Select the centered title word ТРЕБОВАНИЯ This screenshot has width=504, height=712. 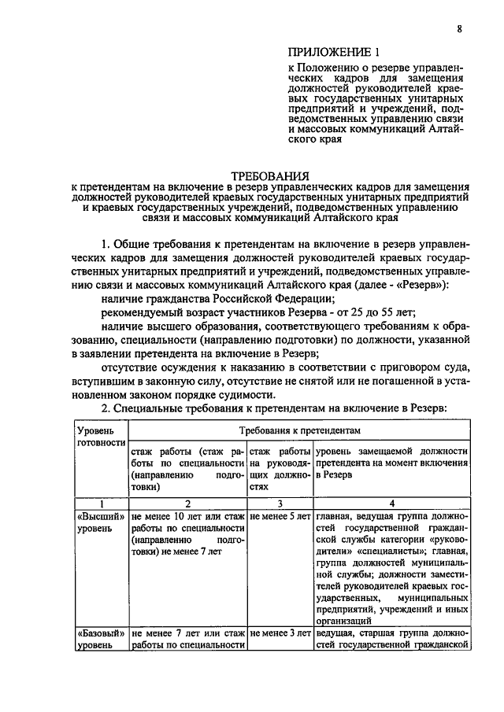(x=269, y=174)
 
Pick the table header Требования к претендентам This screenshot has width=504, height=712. (x=300, y=431)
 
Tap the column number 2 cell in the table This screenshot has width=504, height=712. (x=187, y=504)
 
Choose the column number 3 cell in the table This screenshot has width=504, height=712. (x=280, y=504)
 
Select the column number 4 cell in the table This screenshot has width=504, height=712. (x=391, y=504)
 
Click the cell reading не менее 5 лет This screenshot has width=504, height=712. (x=280, y=517)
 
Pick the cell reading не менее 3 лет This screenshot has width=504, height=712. (x=280, y=633)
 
